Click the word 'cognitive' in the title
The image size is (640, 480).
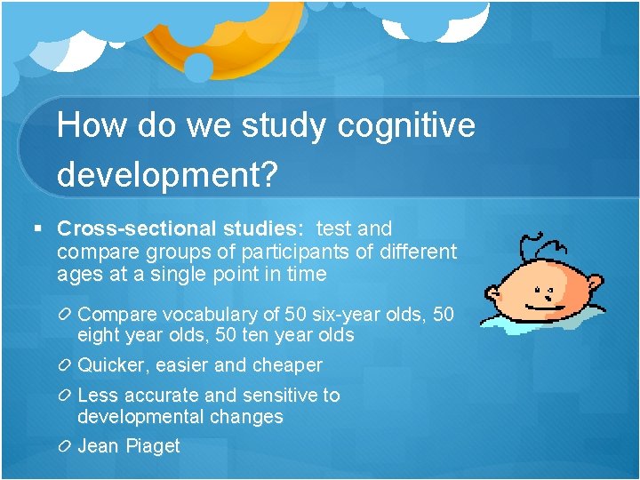[406, 126]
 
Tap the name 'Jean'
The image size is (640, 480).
[98, 446]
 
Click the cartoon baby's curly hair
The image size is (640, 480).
[541, 245]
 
